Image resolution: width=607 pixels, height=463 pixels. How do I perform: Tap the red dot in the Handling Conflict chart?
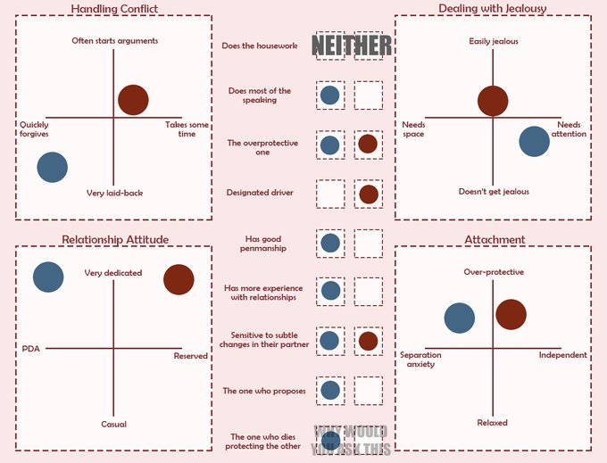pyautogui.click(x=133, y=100)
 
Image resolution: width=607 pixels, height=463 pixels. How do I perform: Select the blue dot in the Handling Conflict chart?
pyautogui.click(x=53, y=167)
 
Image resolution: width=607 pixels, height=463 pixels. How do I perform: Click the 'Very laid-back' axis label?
pyautogui.click(x=114, y=193)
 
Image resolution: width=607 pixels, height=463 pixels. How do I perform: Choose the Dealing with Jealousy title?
pyautogui.click(x=493, y=8)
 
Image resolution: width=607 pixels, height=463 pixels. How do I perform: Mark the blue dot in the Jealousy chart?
pyautogui.click(x=534, y=142)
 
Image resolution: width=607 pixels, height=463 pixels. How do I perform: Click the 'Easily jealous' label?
pyautogui.click(x=494, y=41)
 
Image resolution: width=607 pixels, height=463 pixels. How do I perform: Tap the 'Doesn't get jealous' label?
pyautogui.click(x=494, y=192)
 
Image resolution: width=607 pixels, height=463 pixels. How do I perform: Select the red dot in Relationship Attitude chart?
pyautogui.click(x=179, y=279)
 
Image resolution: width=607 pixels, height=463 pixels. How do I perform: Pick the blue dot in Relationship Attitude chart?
pyautogui.click(x=48, y=277)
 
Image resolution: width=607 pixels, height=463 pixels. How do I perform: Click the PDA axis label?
pyautogui.click(x=31, y=348)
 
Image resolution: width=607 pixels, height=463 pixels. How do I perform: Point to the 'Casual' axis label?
pyautogui.click(x=113, y=424)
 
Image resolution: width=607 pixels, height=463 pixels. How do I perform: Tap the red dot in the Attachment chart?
pyautogui.click(x=511, y=314)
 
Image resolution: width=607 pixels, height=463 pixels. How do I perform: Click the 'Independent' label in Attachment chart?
pyautogui.click(x=563, y=355)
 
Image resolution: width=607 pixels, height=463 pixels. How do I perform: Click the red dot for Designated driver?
pyautogui.click(x=368, y=194)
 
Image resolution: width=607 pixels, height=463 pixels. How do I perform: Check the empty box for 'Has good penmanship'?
pyautogui.click(x=368, y=243)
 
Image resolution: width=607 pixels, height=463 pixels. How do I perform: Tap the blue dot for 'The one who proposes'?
pyautogui.click(x=329, y=390)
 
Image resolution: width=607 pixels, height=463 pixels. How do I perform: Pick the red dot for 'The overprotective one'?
pyautogui.click(x=368, y=144)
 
